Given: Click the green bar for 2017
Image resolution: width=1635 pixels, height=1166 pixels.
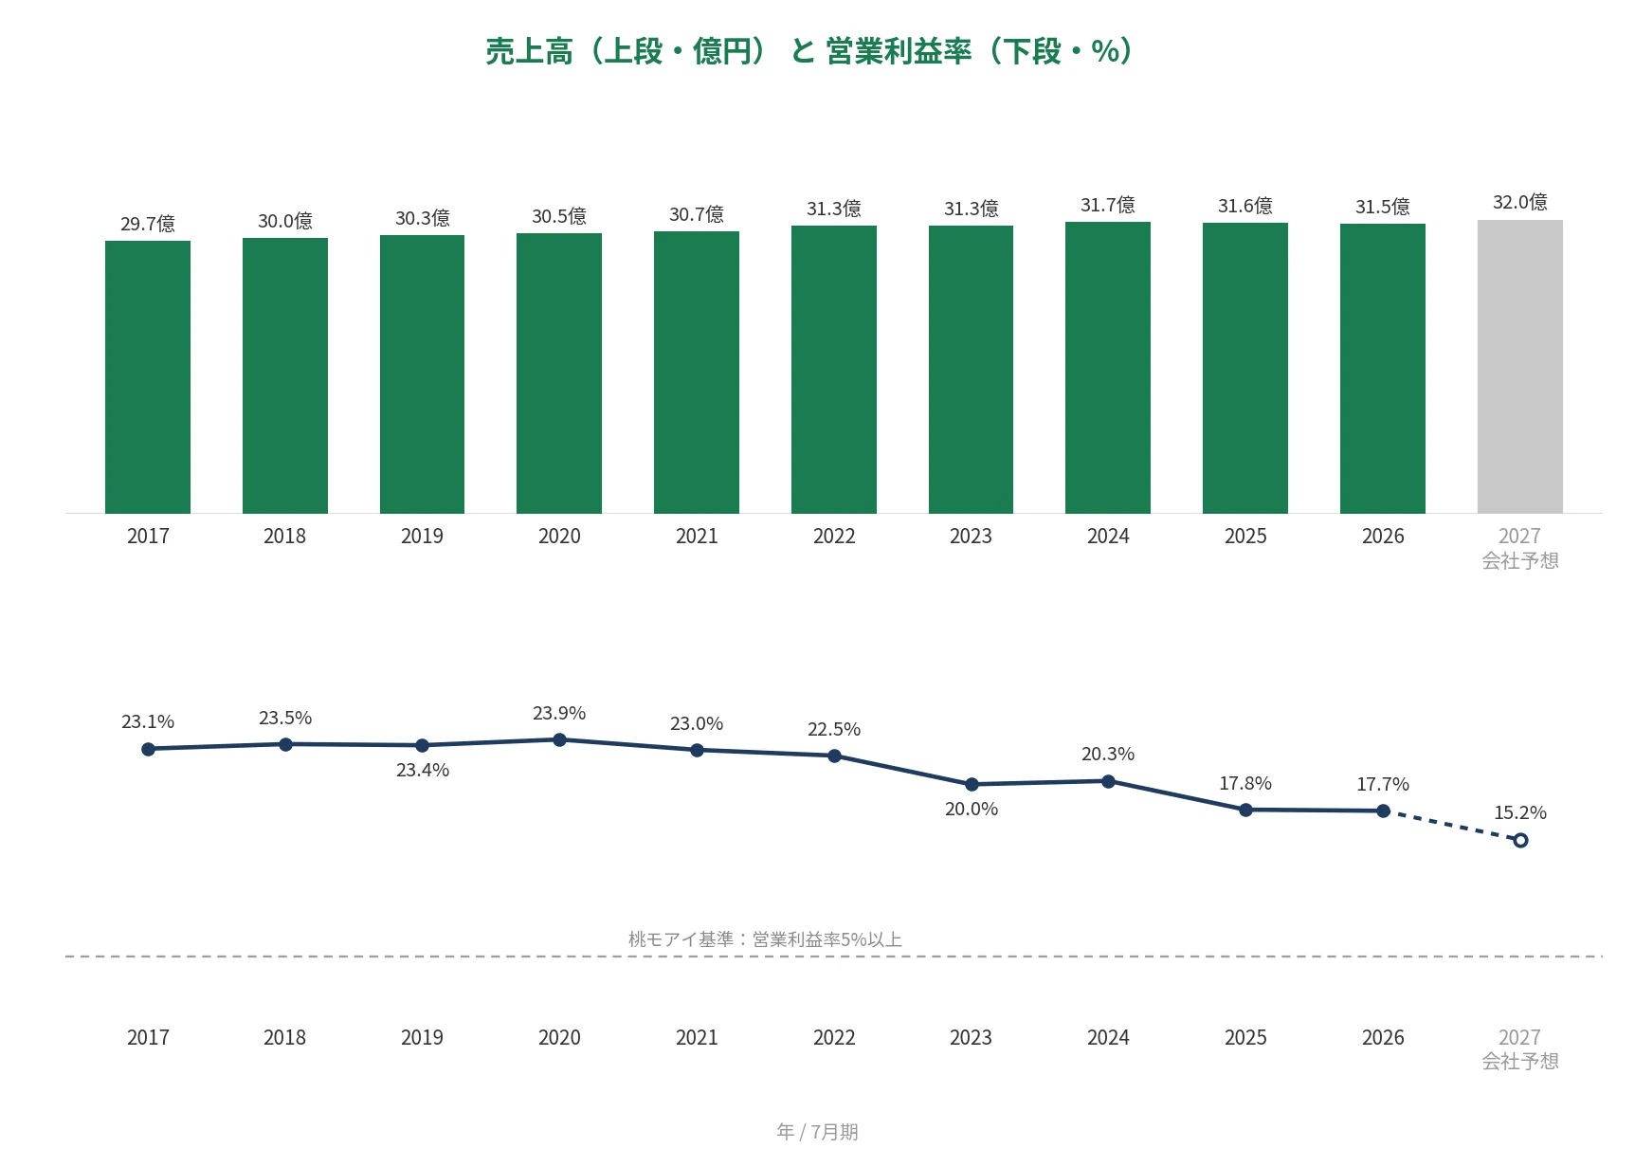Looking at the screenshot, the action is (x=148, y=377).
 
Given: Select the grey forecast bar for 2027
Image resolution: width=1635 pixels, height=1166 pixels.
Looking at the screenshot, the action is (x=1520, y=367).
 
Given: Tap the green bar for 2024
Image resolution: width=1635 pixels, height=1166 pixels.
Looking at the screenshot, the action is (x=1108, y=368).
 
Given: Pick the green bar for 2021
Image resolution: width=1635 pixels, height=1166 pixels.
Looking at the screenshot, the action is (x=697, y=373).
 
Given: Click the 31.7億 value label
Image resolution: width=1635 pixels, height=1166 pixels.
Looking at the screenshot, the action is (x=1108, y=205).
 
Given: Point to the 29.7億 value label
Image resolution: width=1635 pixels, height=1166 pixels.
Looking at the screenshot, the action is (x=148, y=224).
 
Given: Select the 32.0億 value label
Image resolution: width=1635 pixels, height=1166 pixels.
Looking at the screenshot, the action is (x=1520, y=202).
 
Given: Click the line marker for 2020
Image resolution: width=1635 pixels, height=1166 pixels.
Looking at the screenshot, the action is (x=559, y=739).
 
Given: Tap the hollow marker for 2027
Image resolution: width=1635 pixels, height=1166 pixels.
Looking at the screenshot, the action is (x=1520, y=840).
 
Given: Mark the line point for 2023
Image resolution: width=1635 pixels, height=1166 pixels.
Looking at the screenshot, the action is (x=972, y=784).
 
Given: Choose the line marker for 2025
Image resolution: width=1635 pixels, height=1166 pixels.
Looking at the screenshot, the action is (x=1245, y=810).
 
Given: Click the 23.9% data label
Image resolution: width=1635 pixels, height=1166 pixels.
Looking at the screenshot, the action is (x=559, y=713).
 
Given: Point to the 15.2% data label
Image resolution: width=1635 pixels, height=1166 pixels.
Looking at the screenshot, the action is (x=1520, y=812).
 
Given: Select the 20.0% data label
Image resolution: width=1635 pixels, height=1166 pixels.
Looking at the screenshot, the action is (x=972, y=809).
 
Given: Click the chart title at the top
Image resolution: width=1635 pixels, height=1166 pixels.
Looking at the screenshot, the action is (x=809, y=51).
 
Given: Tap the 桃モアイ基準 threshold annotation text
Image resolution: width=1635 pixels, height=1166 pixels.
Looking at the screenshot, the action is (x=765, y=939).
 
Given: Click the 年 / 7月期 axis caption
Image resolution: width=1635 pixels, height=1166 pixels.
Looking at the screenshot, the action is (x=817, y=1132).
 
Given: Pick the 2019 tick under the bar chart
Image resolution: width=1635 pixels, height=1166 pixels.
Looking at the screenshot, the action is (x=422, y=537).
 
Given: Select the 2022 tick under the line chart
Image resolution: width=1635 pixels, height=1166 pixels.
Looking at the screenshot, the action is (x=834, y=1038).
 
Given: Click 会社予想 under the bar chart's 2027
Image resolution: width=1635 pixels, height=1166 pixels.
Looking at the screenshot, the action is (x=1520, y=560).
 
